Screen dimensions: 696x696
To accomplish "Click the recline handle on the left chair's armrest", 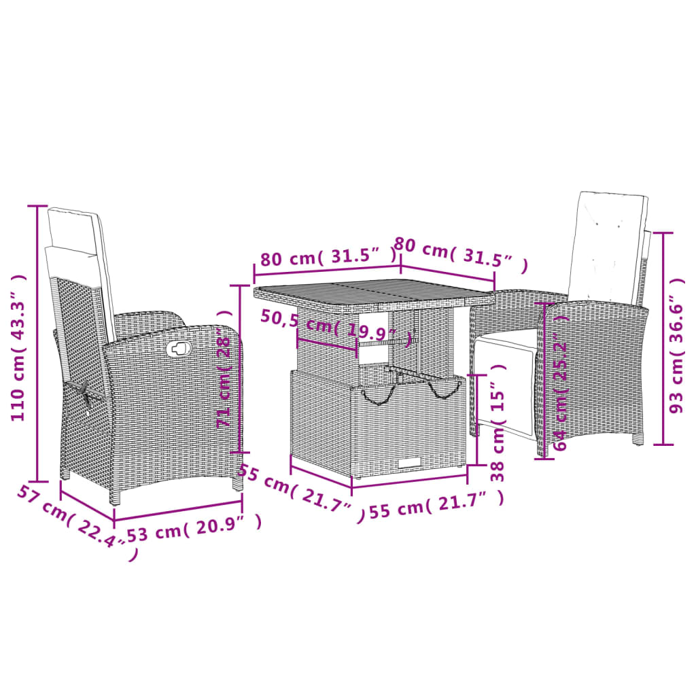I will tap(178, 349).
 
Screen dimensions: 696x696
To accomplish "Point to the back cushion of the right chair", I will tap(606, 248).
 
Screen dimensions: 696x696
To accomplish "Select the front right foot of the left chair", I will tap(237, 483).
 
